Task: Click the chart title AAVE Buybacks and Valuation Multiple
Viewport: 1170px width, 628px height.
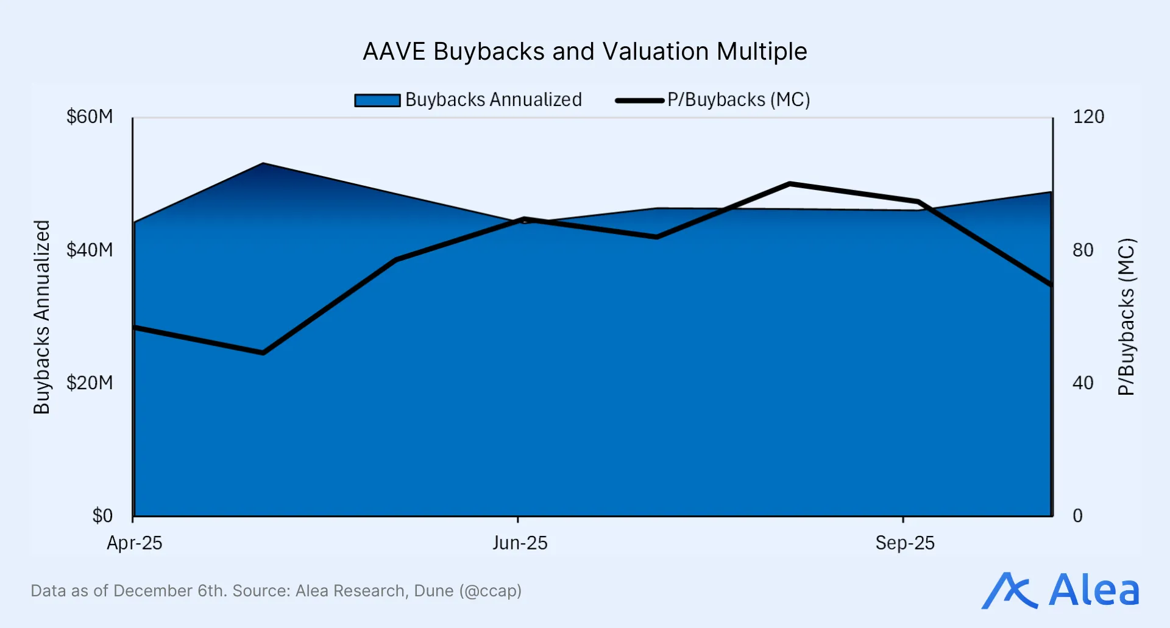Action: pyautogui.click(x=584, y=52)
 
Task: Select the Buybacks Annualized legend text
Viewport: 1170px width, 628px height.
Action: pyautogui.click(x=493, y=100)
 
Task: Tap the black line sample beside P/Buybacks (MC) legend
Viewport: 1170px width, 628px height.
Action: pyautogui.click(x=639, y=101)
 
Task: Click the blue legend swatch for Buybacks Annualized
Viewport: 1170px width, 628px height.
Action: pyautogui.click(x=377, y=101)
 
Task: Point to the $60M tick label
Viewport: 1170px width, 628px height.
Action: pyautogui.click(x=90, y=117)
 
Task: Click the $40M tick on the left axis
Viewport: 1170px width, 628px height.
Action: pyautogui.click(x=90, y=250)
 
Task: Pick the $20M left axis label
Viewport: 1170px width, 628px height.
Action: pyautogui.click(x=90, y=383)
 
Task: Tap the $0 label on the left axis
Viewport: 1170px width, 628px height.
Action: pyautogui.click(x=102, y=516)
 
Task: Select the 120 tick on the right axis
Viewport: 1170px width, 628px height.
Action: pyautogui.click(x=1088, y=117)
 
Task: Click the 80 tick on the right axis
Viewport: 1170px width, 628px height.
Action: pyautogui.click(x=1083, y=250)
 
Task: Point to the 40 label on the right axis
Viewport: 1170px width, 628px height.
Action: pyautogui.click(x=1083, y=383)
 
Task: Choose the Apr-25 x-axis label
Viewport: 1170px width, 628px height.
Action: pyautogui.click(x=135, y=543)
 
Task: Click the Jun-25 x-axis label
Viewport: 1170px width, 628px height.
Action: pyautogui.click(x=520, y=543)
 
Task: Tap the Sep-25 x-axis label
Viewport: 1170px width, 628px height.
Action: pyautogui.click(x=905, y=543)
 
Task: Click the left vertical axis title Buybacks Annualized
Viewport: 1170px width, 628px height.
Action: pyautogui.click(x=41, y=317)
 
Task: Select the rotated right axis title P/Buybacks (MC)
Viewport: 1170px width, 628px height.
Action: pyautogui.click(x=1126, y=317)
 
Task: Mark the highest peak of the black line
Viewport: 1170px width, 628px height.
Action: pyautogui.click(x=789, y=183)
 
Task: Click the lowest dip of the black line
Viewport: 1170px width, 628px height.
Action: pyautogui.click(x=263, y=353)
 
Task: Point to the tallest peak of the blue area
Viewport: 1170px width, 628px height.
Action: pyautogui.click(x=263, y=164)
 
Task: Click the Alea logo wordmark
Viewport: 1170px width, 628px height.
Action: pyautogui.click(x=1094, y=590)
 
